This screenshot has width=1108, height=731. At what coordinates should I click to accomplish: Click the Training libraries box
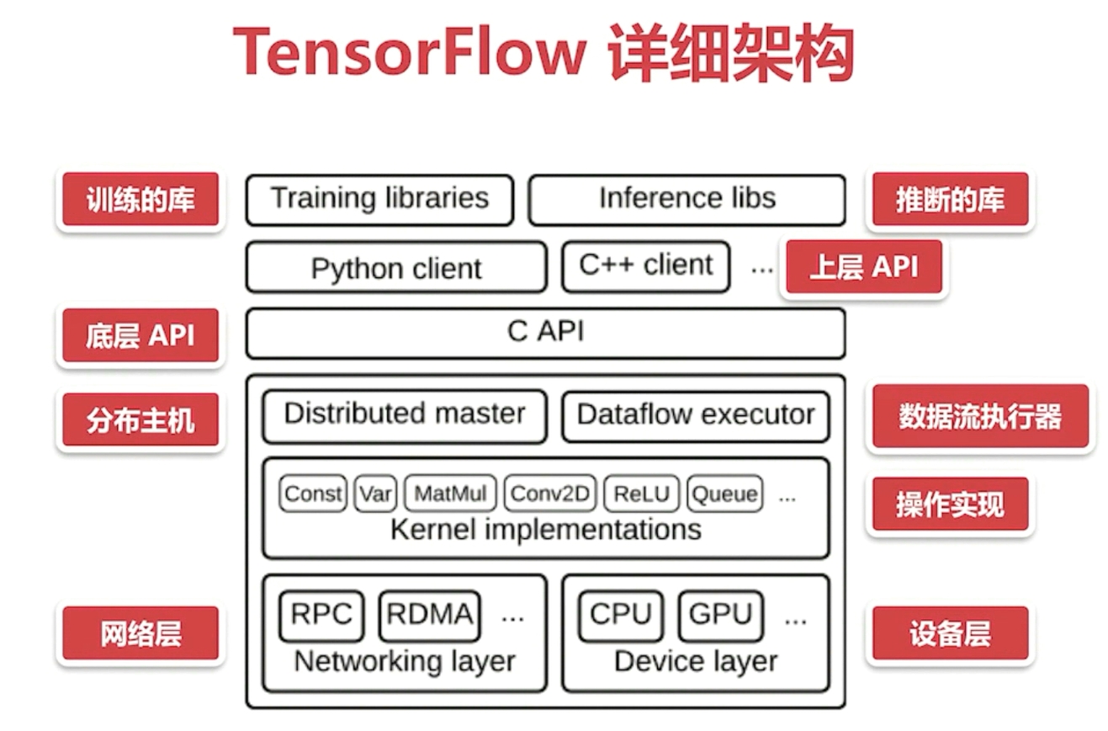[379, 200]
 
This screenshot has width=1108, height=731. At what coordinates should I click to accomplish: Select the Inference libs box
[687, 200]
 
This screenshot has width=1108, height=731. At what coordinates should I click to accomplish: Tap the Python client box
[396, 268]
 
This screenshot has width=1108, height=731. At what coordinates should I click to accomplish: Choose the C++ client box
[645, 266]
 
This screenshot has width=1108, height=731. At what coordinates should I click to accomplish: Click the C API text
[545, 332]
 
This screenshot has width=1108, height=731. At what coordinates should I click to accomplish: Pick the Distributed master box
[404, 414]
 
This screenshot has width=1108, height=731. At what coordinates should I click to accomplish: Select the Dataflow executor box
[696, 415]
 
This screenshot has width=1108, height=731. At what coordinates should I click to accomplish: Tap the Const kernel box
[313, 494]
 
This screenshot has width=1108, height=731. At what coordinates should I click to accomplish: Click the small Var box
[375, 494]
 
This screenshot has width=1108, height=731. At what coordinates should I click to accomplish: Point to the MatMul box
[450, 494]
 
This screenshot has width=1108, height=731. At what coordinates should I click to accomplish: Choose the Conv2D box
[550, 494]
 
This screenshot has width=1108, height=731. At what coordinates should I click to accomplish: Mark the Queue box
[724, 494]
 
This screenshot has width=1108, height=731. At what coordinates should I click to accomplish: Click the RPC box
[321, 615]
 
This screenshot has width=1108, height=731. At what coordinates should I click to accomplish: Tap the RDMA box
[430, 615]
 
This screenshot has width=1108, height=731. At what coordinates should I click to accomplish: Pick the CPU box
[621, 615]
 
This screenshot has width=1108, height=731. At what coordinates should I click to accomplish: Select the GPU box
[721, 615]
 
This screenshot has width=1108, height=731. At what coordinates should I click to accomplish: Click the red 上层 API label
[863, 268]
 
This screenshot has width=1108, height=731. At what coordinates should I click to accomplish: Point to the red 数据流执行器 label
[980, 417]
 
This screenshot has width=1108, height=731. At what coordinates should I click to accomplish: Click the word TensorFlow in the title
[408, 52]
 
